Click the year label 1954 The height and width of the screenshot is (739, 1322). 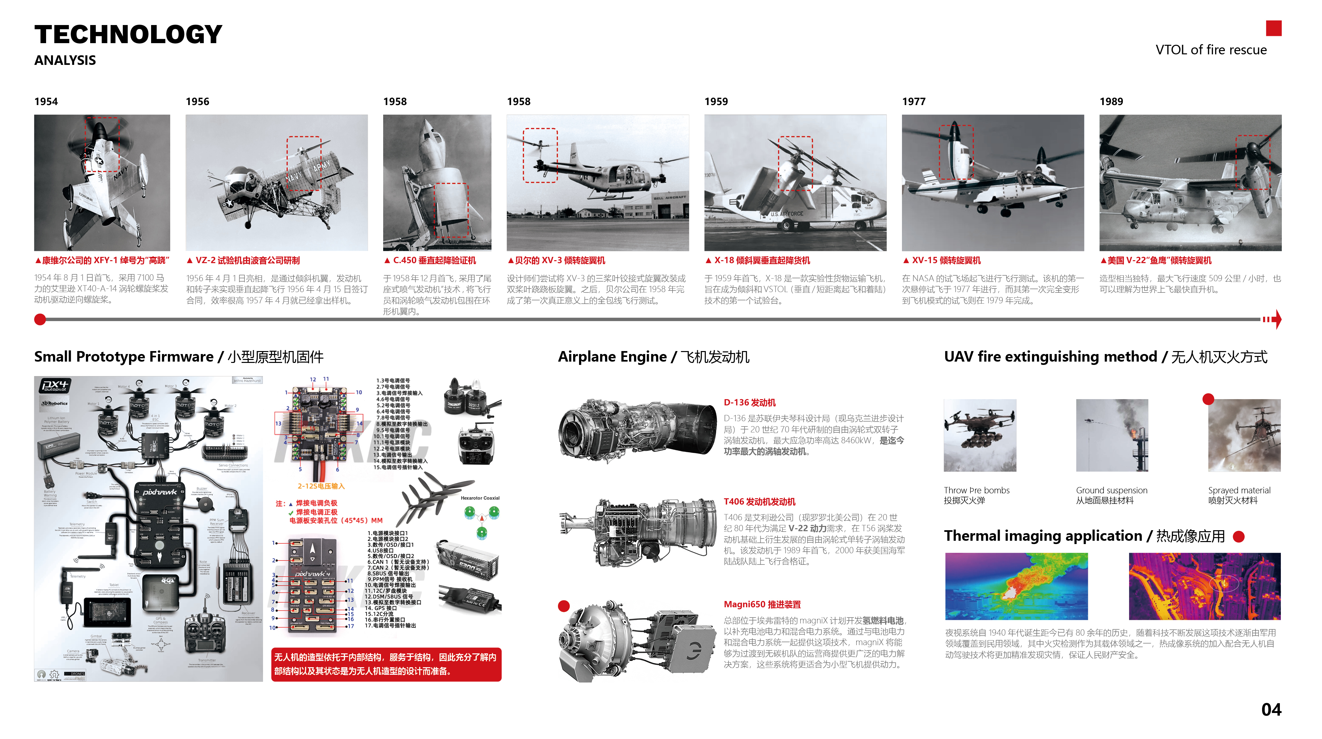(x=46, y=102)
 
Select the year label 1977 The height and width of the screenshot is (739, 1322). (x=913, y=102)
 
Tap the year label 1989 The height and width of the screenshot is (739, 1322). (x=1111, y=102)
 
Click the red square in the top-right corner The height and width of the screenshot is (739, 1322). (x=1273, y=28)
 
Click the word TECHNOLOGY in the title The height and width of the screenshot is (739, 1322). (x=128, y=35)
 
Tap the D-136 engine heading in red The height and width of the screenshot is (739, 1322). (x=749, y=403)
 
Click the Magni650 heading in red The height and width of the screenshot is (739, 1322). (x=762, y=604)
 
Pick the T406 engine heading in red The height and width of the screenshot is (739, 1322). (x=759, y=502)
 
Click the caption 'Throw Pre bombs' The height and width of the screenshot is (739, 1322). (x=976, y=490)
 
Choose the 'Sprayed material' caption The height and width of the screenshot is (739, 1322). (x=1239, y=490)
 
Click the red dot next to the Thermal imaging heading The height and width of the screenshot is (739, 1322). (x=1238, y=537)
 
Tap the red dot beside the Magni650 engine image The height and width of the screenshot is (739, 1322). (x=564, y=606)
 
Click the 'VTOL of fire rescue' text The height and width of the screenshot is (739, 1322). (x=1211, y=50)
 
